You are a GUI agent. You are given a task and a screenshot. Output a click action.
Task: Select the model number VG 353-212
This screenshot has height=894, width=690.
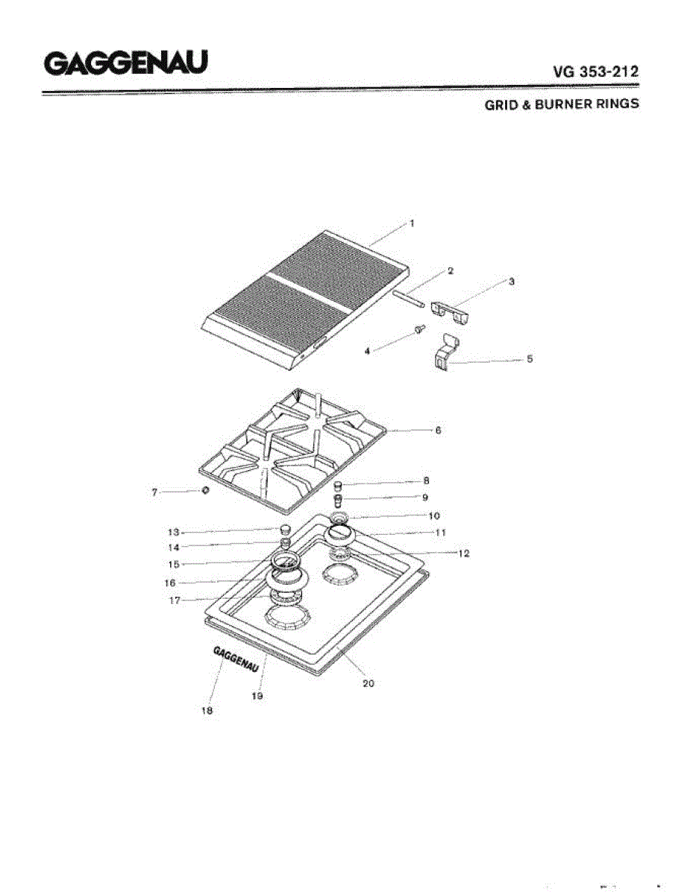click(595, 72)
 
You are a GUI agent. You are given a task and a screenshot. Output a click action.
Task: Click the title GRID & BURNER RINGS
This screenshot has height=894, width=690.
click(561, 104)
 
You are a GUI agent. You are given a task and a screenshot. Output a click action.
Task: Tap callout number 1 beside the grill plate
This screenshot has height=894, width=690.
click(411, 223)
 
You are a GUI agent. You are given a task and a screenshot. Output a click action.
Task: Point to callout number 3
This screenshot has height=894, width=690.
click(512, 282)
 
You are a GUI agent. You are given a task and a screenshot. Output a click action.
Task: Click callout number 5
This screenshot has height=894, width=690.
click(530, 359)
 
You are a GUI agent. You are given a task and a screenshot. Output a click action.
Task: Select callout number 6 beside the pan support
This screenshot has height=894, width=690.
click(438, 431)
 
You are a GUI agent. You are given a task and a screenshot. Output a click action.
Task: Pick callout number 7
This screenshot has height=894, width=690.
click(155, 492)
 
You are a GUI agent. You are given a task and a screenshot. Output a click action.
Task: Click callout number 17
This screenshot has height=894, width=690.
click(174, 600)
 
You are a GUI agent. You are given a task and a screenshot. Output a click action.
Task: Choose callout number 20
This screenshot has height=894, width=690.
click(368, 683)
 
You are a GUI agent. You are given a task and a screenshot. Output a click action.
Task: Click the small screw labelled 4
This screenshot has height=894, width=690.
click(419, 329)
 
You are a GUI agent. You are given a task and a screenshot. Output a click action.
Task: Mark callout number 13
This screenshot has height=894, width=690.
click(174, 532)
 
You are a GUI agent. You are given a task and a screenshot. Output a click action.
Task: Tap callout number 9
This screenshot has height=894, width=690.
click(424, 497)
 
